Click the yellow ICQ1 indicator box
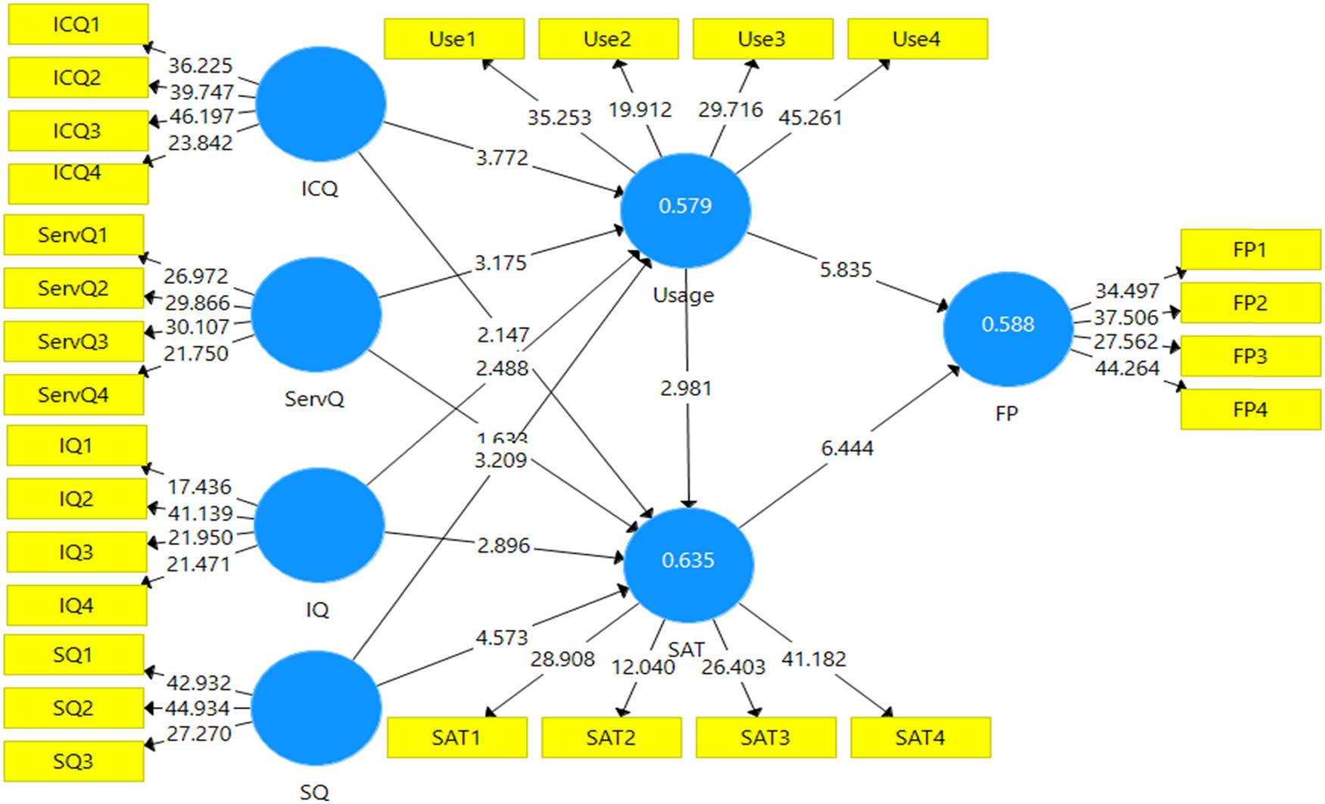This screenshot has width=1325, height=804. coord(78,24)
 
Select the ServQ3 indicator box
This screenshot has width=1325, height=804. coord(73,341)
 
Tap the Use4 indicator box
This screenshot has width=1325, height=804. coord(917,39)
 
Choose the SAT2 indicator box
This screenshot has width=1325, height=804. coord(611,737)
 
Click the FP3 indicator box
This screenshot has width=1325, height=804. coord(1250,356)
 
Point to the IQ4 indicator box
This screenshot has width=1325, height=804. coord(76,605)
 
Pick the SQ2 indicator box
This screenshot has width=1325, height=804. coord(73,708)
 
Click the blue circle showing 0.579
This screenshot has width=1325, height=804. coord(685,210)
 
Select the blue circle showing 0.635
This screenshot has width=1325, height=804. coord(688,564)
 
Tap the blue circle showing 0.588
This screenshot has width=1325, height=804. coord(1008,329)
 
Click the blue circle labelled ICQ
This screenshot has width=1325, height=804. coord(320,104)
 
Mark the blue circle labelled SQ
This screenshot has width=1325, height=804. coord(316,708)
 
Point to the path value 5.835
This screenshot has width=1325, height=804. coord(846,270)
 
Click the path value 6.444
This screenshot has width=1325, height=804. coord(847,448)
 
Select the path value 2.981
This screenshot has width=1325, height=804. coord(686,388)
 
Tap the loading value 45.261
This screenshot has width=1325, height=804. coord(810,117)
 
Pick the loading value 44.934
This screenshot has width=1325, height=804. coord(198,708)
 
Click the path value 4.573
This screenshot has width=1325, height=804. coord(501,637)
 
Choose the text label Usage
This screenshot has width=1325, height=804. coord(683,295)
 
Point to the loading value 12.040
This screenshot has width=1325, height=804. coord(643,667)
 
